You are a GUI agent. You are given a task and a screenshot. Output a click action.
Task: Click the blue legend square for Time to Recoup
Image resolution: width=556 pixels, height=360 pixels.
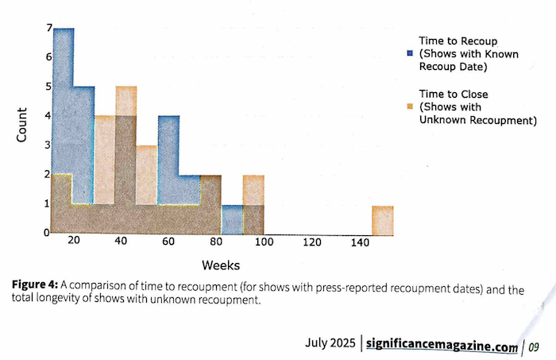pos(409,53)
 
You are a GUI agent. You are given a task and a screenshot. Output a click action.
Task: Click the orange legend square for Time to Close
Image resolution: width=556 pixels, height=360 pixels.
pos(409,106)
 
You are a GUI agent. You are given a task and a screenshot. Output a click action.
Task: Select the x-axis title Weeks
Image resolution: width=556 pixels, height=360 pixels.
pos(221,264)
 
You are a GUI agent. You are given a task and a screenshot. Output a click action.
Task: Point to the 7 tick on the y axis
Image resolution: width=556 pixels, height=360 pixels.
pos(48,28)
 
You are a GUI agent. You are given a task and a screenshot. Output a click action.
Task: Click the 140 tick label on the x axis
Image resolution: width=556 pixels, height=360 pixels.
pos(358,242)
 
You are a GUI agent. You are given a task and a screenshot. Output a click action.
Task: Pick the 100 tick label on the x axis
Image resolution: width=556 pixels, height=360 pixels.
pos(264,242)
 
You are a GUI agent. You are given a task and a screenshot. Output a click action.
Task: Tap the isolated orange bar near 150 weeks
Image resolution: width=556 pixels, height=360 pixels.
pos(383,220)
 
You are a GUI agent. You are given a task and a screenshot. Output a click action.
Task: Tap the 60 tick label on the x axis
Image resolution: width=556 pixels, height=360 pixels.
pos(168,242)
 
